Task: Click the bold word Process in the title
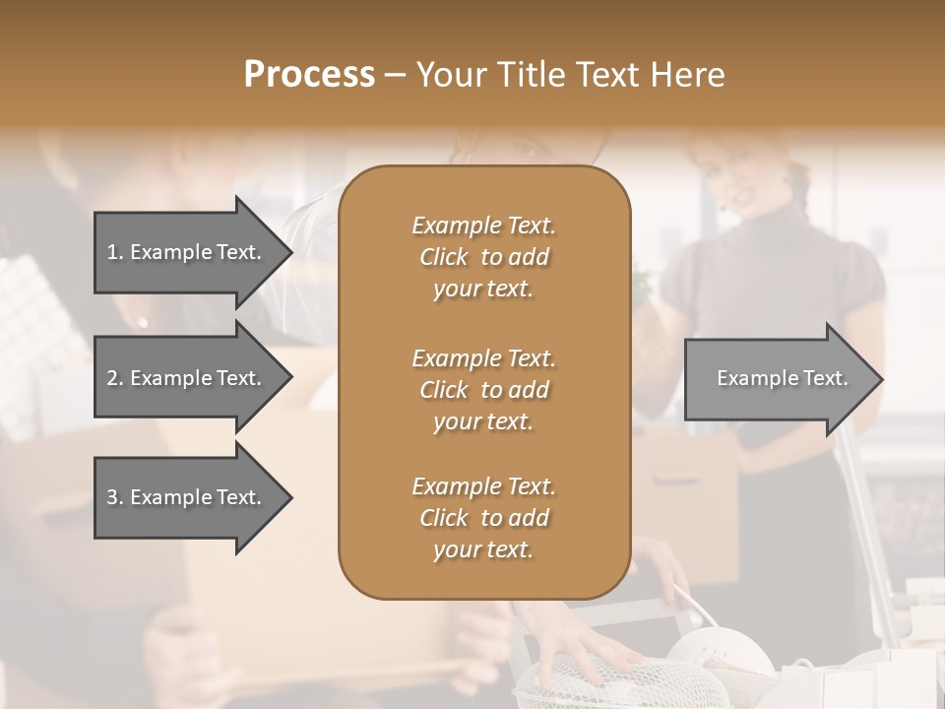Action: coord(309,74)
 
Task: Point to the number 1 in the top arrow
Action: coord(111,252)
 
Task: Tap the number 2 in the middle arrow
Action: coord(112,378)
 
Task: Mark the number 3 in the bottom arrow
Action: coord(112,497)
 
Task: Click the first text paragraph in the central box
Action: coord(483,257)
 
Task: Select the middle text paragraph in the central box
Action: coord(483,389)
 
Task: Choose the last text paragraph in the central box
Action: coord(483,518)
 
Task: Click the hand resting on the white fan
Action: coord(581,655)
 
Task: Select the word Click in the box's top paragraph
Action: coord(443,257)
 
